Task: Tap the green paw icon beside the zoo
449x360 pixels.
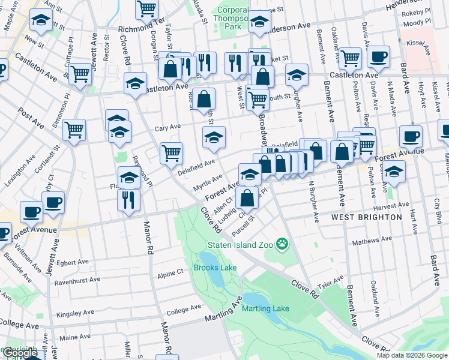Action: [282, 244]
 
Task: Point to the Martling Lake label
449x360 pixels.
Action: [265, 308]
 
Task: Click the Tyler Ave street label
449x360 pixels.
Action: [330, 281]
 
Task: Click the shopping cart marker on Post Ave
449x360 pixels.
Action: [74, 129]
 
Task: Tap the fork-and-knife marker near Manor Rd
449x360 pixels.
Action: [128, 199]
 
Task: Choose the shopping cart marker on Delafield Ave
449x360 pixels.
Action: [171, 153]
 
